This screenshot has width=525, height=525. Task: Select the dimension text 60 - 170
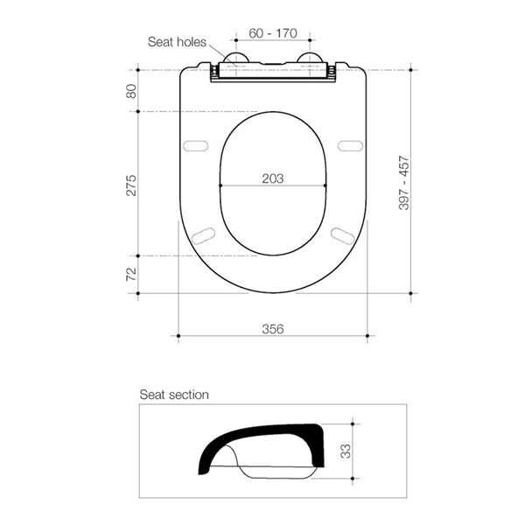(272, 33)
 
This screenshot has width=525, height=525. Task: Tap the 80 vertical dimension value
(132, 90)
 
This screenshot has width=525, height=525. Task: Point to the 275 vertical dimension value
(132, 185)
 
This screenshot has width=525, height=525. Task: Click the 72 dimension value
(132, 274)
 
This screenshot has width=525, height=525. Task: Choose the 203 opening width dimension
(273, 178)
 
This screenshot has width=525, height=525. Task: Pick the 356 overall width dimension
(273, 329)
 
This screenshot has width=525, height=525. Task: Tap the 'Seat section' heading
(174, 395)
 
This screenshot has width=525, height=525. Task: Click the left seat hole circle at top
(235, 59)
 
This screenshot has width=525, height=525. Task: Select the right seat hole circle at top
(309, 59)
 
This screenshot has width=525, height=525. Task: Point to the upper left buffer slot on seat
(197, 145)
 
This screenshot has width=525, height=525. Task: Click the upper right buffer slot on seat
(349, 145)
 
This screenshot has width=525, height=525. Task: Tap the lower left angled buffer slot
(203, 234)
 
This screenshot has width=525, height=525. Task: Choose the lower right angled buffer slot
(342, 234)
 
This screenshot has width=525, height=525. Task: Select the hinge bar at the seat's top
(272, 72)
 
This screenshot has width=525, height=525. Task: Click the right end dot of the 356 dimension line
(367, 336)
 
